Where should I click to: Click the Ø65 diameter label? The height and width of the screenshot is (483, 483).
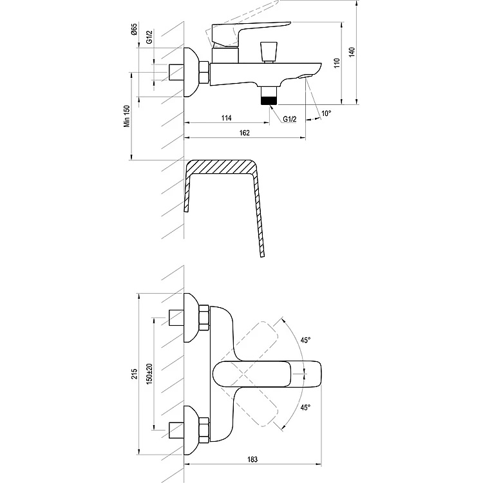pyautogui.click(x=134, y=28)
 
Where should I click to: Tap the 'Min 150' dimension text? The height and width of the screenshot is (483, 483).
pyautogui.click(x=127, y=116)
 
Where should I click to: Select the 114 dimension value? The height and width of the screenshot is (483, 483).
pyautogui.click(x=227, y=118)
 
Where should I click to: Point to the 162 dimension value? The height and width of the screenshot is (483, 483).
pyautogui.click(x=245, y=133)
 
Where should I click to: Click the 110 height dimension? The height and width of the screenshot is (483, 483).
pyautogui.click(x=337, y=63)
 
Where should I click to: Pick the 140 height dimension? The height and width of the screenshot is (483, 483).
pyautogui.click(x=352, y=52)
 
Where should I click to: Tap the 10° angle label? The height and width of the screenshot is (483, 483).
pyautogui.click(x=327, y=113)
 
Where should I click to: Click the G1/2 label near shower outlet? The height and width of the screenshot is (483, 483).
pyautogui.click(x=290, y=119)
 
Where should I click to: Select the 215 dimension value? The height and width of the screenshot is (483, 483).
pyautogui.click(x=135, y=374)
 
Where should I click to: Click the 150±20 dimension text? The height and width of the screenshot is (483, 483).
pyautogui.click(x=149, y=374)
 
